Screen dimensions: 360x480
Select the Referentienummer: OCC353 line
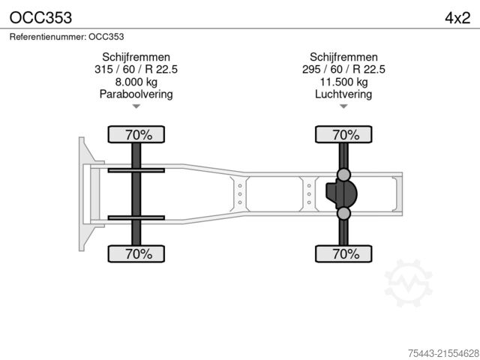point(67,36)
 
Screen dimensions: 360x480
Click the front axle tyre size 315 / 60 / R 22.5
point(136,70)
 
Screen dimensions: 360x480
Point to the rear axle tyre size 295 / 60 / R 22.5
point(344,70)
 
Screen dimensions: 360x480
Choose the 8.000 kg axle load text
point(136,82)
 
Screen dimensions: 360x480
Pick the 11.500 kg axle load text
point(344,82)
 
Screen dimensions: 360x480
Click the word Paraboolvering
point(136,94)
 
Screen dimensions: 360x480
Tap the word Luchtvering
point(344,94)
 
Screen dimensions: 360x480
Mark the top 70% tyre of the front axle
point(137,135)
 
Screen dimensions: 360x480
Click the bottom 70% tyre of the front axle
point(137,253)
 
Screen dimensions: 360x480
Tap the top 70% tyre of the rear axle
point(344,135)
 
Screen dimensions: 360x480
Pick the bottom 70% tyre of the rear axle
point(344,253)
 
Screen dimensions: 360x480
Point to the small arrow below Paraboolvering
point(136,106)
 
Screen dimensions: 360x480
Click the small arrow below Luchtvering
point(344,106)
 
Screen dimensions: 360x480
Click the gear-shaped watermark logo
point(409,283)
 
